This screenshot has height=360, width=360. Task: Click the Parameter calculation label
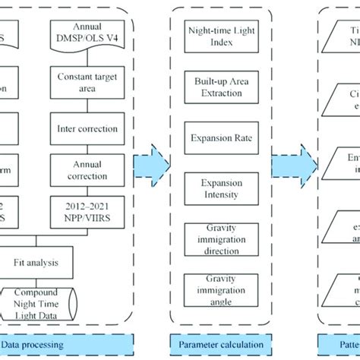tap(220, 343)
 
